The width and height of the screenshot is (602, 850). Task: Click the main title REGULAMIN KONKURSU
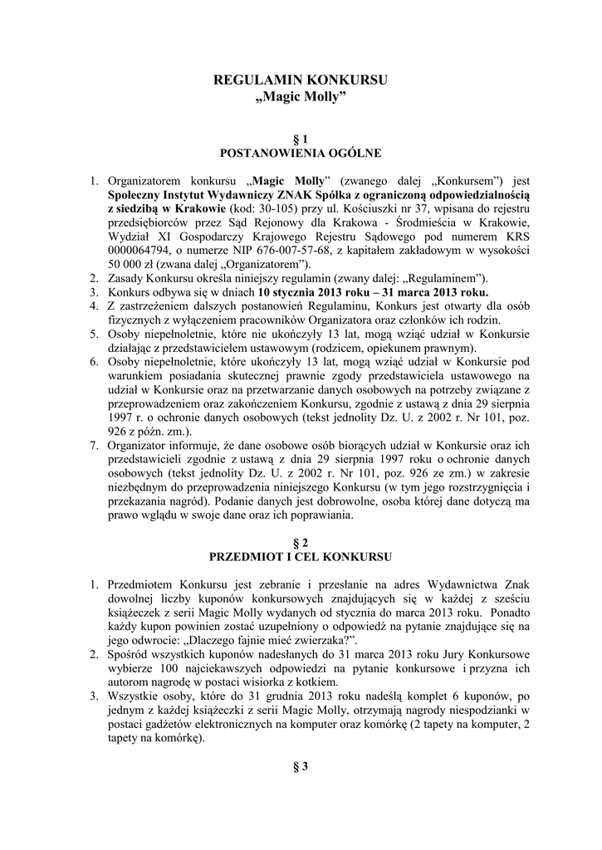click(x=301, y=81)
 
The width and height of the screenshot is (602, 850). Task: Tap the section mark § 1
click(x=301, y=138)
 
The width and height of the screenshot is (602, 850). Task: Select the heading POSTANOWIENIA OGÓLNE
click(x=301, y=154)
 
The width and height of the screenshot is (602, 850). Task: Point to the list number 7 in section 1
click(x=94, y=446)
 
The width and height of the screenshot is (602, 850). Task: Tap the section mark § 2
click(x=301, y=541)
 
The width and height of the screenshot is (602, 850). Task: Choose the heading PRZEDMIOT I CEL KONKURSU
click(x=301, y=556)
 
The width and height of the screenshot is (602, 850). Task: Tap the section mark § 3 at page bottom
click(x=301, y=766)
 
